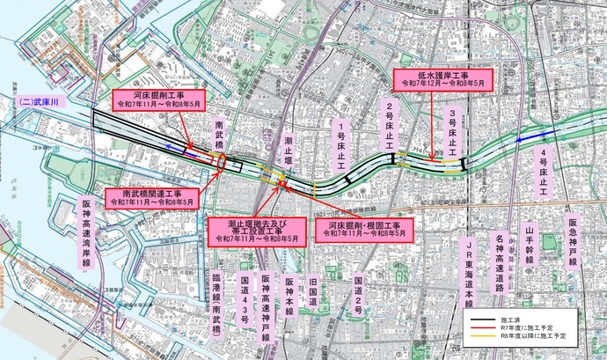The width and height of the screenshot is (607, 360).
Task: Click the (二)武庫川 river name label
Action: point(36,103)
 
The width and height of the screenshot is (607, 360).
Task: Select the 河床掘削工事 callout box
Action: point(158,100)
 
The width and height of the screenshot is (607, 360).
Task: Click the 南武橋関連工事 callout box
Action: point(152,198)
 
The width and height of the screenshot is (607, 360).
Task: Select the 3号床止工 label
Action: point(452,132)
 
